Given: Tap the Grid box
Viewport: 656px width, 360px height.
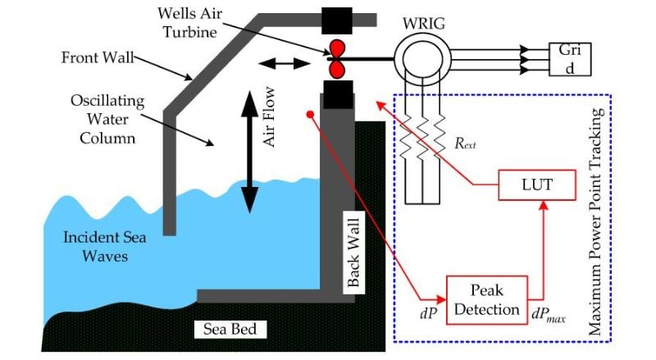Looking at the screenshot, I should (x=568, y=57).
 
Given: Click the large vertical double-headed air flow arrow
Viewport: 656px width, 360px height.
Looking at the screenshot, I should (x=248, y=153).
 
